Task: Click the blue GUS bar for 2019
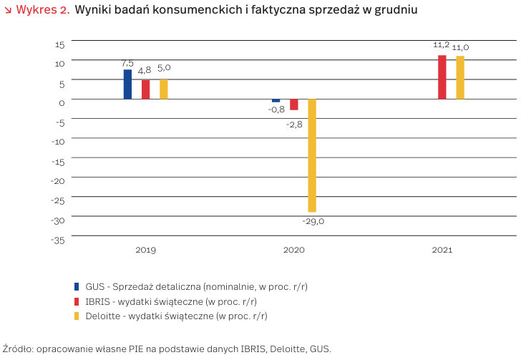coord(127,84)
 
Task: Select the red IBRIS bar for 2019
coord(146,89)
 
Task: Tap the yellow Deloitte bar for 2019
coord(164,89)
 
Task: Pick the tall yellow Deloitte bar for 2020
coord(312,155)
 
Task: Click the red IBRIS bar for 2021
coord(442,77)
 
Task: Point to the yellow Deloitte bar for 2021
coord(460,78)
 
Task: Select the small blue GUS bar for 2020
coord(276,101)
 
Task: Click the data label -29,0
coord(312,221)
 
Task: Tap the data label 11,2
coord(442,45)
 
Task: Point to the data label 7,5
coord(127,64)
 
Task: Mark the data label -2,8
coord(294,124)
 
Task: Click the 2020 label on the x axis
coord(294,250)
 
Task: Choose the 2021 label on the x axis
coord(442,250)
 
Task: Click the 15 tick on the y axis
coord(59,44)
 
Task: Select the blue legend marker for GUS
coord(77,286)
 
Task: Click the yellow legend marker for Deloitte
coord(77,315)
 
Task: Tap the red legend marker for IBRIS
coord(77,301)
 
